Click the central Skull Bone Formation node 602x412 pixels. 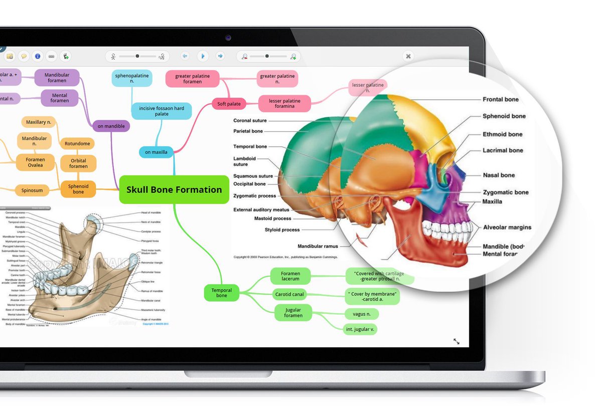click(x=174, y=189)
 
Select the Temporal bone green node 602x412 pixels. click(x=221, y=293)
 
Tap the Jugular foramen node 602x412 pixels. click(x=293, y=312)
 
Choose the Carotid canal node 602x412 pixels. click(x=289, y=294)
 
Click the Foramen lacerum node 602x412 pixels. click(x=290, y=276)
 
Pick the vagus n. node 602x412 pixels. click(x=361, y=314)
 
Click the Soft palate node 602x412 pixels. click(x=229, y=104)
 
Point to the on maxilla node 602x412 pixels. click(x=156, y=152)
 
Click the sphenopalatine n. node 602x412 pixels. click(x=132, y=78)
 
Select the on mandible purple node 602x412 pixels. click(x=111, y=126)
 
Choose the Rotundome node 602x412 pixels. click(x=77, y=144)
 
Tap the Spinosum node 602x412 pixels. click(x=32, y=190)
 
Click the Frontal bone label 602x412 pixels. click(x=500, y=99)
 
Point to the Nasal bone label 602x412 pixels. click(x=499, y=175)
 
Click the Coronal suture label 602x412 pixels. click(x=250, y=121)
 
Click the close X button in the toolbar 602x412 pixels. click(x=408, y=56)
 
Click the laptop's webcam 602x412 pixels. click(x=228, y=38)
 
